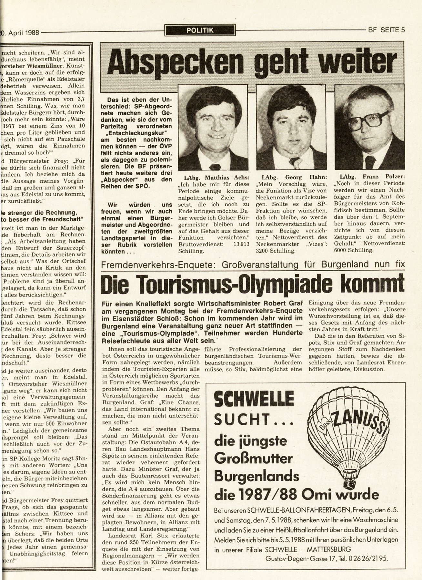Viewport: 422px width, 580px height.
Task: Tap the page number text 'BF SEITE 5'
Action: coord(386,31)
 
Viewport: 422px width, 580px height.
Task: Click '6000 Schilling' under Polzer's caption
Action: coord(355,250)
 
